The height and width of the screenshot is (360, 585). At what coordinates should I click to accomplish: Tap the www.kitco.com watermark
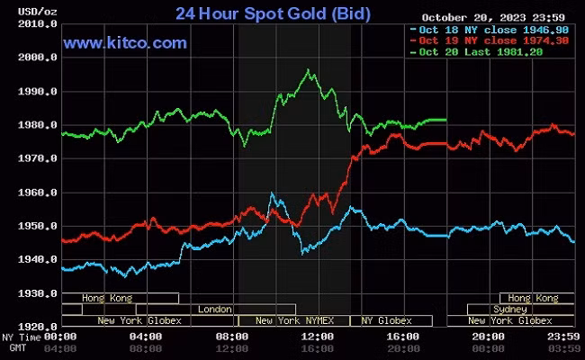click(125, 42)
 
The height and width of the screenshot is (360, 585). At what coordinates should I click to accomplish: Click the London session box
click(214, 309)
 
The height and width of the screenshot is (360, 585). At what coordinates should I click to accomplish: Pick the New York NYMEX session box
click(293, 320)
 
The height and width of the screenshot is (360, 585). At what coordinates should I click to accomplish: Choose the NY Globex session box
click(386, 320)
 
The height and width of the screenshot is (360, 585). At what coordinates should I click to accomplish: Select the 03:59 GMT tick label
click(562, 348)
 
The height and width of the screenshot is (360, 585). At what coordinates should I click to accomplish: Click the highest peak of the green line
click(309, 70)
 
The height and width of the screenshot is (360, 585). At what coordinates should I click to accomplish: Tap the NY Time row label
click(19, 337)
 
